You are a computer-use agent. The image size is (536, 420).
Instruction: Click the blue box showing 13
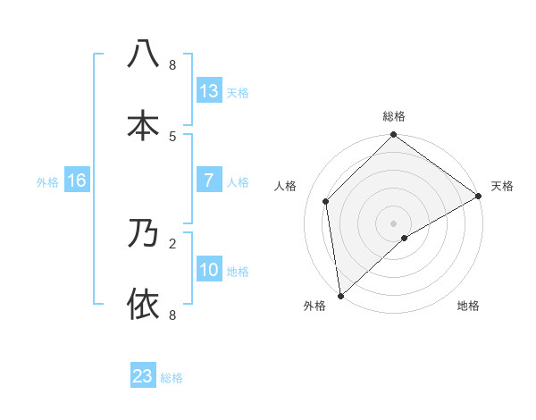(208, 91)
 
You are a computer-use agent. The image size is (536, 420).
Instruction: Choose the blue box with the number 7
(208, 181)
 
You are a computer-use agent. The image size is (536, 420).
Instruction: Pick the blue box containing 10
(208, 270)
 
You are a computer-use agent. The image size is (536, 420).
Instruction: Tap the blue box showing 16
(77, 181)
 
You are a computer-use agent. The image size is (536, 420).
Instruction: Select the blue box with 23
(142, 376)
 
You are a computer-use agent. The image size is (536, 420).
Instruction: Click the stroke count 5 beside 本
(172, 137)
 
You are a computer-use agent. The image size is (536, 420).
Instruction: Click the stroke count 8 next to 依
(172, 315)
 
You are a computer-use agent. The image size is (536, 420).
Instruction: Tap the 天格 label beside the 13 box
(238, 92)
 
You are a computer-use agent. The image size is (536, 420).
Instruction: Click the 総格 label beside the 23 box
(172, 377)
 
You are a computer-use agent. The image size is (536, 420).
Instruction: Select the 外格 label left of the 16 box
(47, 181)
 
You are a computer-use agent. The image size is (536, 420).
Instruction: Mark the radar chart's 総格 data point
(393, 136)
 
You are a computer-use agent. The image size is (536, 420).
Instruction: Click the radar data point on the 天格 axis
(478, 197)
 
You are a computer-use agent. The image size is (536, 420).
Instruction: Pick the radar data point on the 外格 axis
(340, 295)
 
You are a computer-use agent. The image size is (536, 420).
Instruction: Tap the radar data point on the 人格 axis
(326, 201)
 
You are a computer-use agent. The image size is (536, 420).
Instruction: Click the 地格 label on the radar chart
(468, 306)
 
